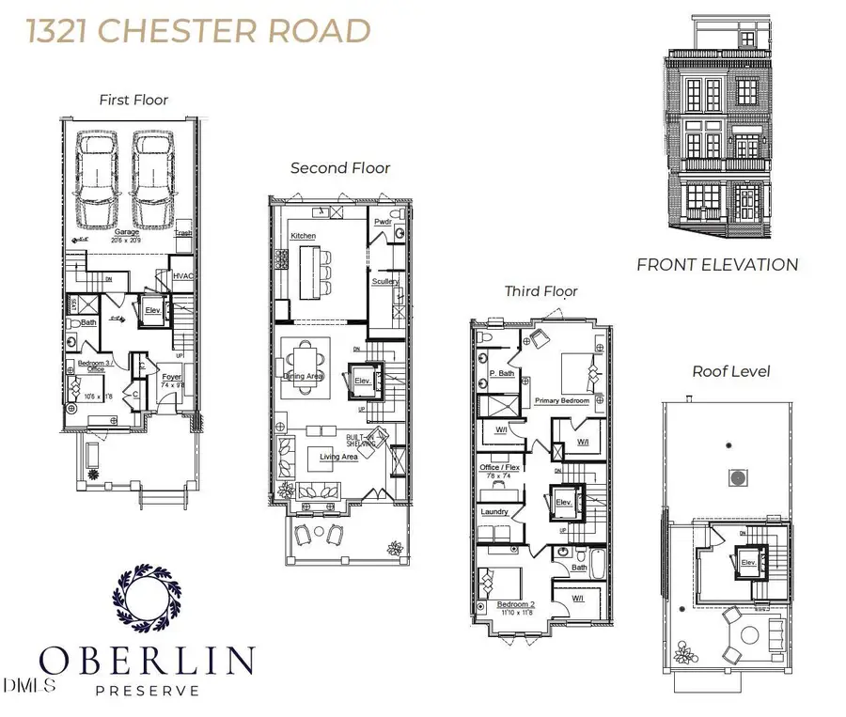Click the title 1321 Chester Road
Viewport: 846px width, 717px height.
(198, 30)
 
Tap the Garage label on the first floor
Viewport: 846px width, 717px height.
(127, 232)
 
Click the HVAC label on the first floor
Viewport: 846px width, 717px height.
(182, 275)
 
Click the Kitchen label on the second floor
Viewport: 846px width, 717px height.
(303, 235)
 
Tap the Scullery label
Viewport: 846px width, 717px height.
(385, 281)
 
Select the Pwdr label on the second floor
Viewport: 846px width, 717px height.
(383, 222)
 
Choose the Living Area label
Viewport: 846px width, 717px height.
(338, 457)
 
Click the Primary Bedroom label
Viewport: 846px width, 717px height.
(562, 400)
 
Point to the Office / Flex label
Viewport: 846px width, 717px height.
(499, 467)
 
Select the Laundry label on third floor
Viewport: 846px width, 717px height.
(494, 512)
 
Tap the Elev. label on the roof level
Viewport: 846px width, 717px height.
(748, 562)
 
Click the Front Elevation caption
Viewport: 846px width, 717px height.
(717, 265)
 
